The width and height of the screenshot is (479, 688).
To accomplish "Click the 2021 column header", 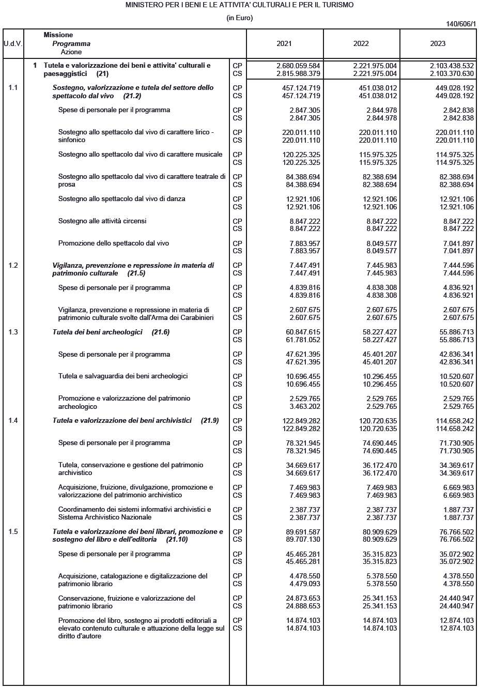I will [x=284, y=44].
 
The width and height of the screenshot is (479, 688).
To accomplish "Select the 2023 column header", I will [x=438, y=44].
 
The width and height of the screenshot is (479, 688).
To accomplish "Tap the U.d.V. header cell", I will [x=13, y=44].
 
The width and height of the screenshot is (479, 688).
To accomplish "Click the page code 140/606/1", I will [x=461, y=24].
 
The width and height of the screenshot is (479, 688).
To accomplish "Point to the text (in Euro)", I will [x=239, y=18].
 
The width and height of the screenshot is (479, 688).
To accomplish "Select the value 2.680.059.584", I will [x=298, y=66].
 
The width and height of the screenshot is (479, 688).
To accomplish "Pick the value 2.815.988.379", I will [x=298, y=74].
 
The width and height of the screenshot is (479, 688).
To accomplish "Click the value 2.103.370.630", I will [x=452, y=74].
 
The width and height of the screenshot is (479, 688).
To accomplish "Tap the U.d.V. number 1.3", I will [x=13, y=332].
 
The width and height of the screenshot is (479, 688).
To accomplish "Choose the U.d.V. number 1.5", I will [x=13, y=532].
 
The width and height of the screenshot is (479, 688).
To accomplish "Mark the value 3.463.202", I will [x=305, y=407].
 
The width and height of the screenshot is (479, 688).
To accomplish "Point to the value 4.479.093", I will [x=305, y=584].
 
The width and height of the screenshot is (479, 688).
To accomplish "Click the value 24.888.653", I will [x=303, y=606].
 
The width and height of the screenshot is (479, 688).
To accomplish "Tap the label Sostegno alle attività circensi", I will [x=102, y=221].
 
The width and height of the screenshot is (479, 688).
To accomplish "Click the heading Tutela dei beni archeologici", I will [x=97, y=332].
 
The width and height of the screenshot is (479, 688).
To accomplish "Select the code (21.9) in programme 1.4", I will [x=210, y=421].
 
